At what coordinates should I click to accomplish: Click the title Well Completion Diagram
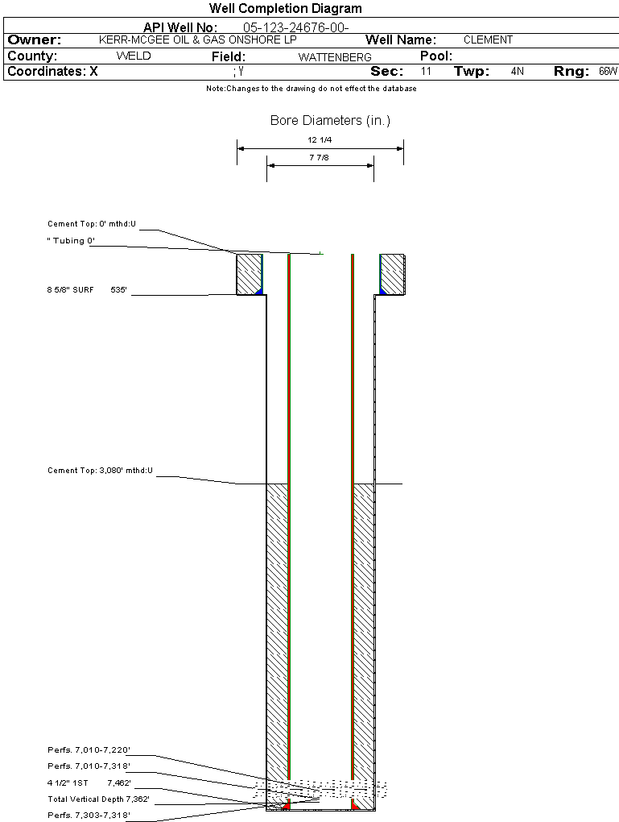285,9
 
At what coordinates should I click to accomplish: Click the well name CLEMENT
488,39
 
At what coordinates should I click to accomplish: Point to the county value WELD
134,56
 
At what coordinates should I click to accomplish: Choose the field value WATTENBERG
335,57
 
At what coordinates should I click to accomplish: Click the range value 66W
608,72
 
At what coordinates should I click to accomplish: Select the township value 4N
517,72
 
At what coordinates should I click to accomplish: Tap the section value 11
426,72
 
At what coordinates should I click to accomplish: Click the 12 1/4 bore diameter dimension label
320,140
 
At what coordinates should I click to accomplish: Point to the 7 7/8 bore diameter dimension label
320,158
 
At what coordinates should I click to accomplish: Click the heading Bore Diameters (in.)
330,121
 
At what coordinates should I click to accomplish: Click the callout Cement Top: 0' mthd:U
92,224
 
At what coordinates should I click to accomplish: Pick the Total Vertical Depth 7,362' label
98,799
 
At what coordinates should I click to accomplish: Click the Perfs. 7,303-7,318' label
89,816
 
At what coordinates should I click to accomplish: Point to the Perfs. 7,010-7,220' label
89,750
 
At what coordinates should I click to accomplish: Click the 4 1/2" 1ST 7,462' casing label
89,783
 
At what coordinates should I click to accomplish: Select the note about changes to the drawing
311,89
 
